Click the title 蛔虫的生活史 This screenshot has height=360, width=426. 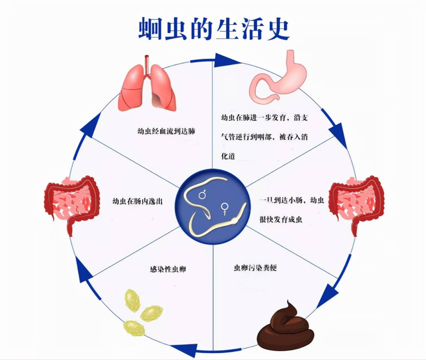(213, 29)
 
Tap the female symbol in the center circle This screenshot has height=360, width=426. (225, 209)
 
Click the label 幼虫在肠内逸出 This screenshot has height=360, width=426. (137, 201)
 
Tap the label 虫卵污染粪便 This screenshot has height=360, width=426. (255, 268)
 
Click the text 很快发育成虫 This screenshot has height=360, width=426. (281, 219)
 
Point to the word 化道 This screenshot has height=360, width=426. (228, 156)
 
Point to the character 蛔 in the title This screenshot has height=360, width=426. (149, 29)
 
